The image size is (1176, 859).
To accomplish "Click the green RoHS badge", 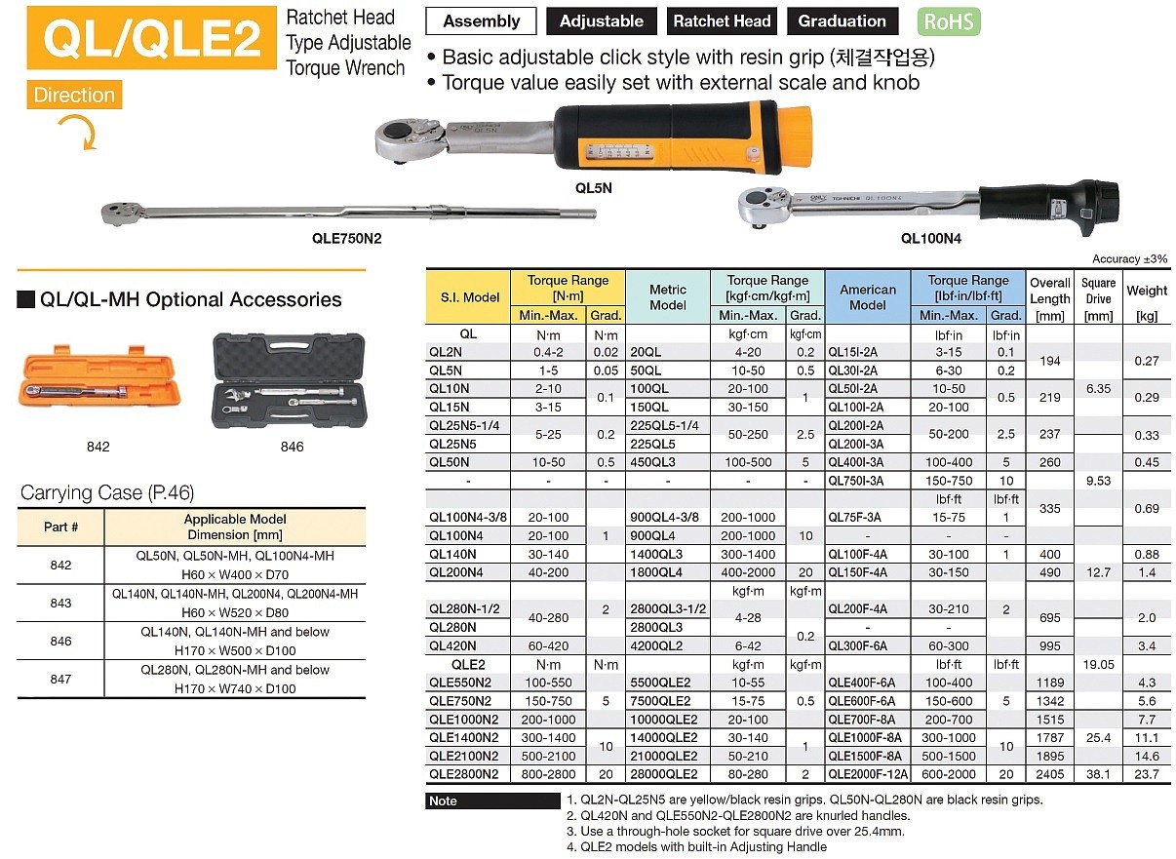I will click(949, 21).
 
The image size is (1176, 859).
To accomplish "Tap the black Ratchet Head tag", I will click(723, 21).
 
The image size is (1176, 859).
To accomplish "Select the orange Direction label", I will click(74, 96).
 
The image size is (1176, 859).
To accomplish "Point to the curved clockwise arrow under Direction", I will click(76, 132).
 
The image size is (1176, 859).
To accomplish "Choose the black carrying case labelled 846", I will click(290, 380).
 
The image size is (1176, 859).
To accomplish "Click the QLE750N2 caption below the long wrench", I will click(347, 236).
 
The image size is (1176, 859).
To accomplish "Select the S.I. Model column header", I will click(469, 297).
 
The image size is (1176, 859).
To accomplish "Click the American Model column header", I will click(868, 297).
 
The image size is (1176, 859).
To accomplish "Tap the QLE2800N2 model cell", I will click(463, 774).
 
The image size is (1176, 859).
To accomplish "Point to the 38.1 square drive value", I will click(1098, 774).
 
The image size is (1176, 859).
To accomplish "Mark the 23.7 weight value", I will click(1147, 774).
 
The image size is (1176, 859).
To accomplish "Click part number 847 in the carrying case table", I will click(60, 680).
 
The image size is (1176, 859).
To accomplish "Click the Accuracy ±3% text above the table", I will click(1129, 259).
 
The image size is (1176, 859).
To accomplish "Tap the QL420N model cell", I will click(452, 645).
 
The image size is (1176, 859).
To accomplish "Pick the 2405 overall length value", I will click(1049, 774).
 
